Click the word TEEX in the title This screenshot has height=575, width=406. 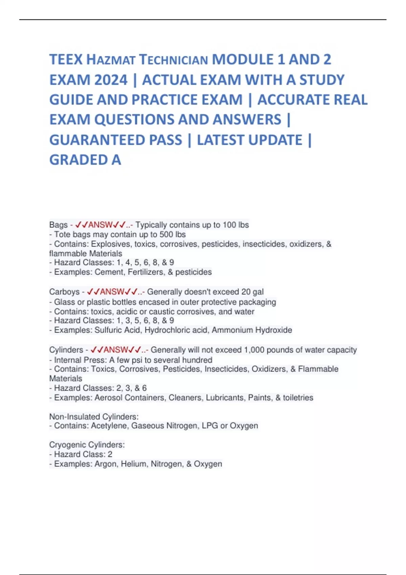66,60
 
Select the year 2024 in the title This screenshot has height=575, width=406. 111,80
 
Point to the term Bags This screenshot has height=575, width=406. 58,225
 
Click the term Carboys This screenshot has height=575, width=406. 64,292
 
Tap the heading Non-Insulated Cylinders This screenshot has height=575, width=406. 94,416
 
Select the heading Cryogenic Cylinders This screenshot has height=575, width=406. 87,444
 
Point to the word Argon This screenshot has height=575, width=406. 105,464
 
